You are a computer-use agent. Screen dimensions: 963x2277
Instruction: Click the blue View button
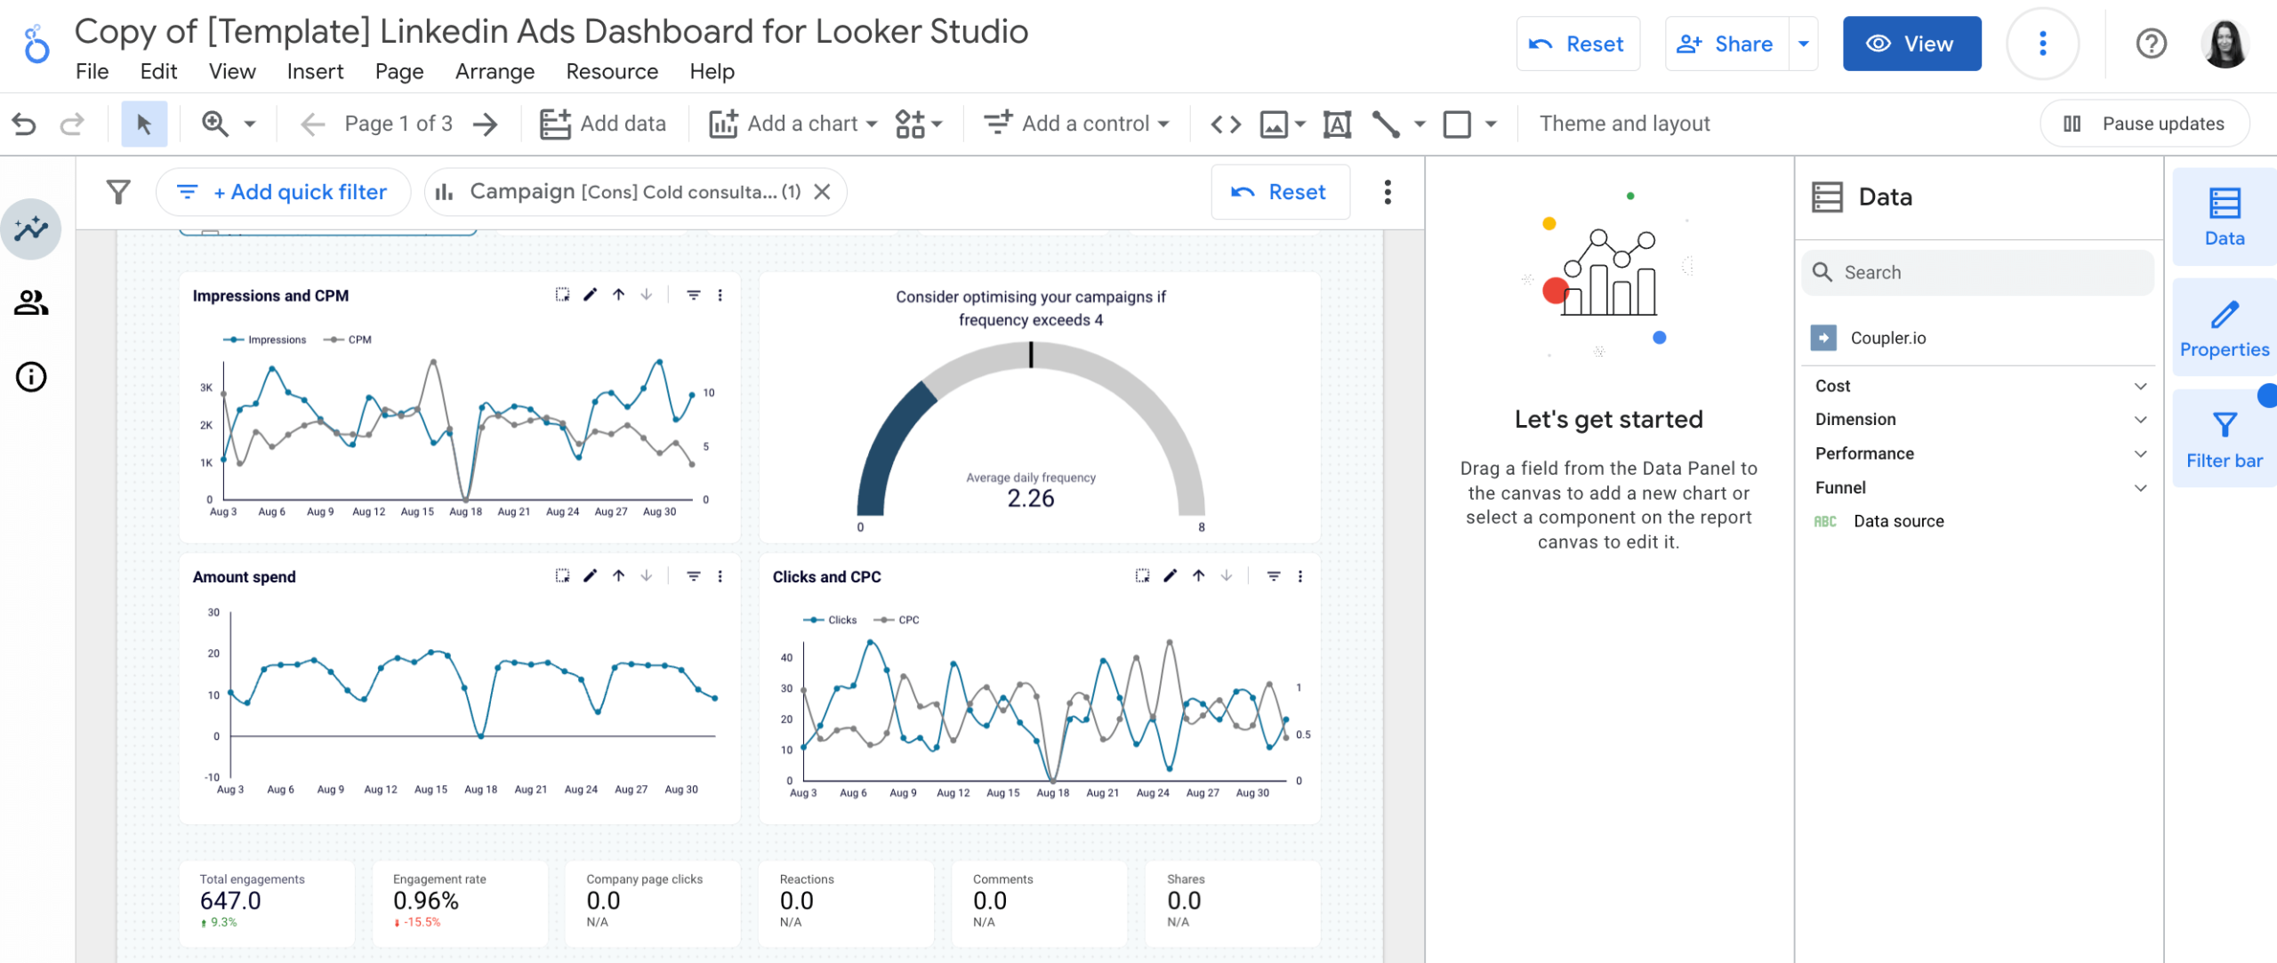1911,44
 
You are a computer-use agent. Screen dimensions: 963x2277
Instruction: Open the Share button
1725,44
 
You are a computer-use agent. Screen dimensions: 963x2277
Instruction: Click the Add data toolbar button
603,124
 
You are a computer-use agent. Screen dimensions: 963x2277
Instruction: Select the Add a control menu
1076,124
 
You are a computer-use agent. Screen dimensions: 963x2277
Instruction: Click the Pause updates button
2144,124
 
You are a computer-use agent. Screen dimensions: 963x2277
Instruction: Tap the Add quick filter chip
284,192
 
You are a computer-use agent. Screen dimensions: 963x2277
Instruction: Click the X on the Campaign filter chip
823,192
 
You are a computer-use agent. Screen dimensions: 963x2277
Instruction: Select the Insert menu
315,71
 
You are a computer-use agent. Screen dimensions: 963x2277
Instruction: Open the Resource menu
612,71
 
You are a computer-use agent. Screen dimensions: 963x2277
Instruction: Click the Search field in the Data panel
1992,272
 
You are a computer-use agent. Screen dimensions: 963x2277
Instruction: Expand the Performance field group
1864,453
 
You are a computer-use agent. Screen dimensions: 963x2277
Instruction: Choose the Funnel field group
1840,487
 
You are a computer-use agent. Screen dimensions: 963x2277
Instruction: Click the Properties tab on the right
2224,328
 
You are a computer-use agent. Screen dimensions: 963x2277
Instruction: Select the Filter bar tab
2224,439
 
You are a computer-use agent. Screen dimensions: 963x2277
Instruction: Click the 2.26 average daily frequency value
1030,499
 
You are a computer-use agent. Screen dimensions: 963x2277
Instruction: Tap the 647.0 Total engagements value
230,901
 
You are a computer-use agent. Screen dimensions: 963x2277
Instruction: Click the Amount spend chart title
244,577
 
